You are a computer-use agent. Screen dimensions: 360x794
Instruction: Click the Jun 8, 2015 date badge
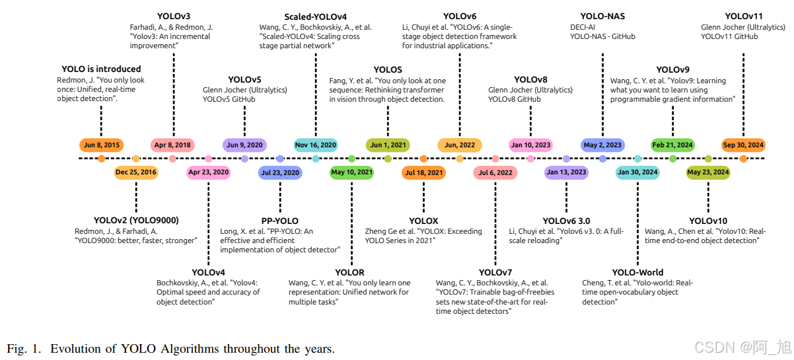click(101, 145)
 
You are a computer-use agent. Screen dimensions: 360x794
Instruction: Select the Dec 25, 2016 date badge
click(136, 172)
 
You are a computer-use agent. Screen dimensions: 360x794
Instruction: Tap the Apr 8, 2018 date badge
click(172, 145)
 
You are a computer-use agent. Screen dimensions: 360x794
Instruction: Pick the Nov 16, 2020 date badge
click(316, 145)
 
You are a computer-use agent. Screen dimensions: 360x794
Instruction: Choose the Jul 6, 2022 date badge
click(495, 172)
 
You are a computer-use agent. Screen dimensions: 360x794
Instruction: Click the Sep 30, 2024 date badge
click(743, 145)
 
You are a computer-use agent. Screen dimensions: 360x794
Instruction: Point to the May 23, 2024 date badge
click(708, 172)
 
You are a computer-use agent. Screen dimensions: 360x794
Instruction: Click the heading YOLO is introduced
click(101, 69)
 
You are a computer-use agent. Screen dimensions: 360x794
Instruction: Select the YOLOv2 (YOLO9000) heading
click(136, 220)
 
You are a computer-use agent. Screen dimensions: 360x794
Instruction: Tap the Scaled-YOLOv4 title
click(316, 17)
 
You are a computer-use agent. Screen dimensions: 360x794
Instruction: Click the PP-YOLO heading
click(280, 221)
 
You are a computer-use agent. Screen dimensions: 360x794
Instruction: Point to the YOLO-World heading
click(637, 272)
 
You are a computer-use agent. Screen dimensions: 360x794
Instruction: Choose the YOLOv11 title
click(743, 16)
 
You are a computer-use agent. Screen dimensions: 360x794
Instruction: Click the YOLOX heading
click(423, 221)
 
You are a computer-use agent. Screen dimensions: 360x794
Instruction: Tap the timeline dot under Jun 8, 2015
click(101, 159)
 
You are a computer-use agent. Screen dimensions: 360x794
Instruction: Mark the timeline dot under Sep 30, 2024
click(743, 159)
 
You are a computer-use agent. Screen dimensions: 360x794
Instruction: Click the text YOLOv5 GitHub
click(229, 99)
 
